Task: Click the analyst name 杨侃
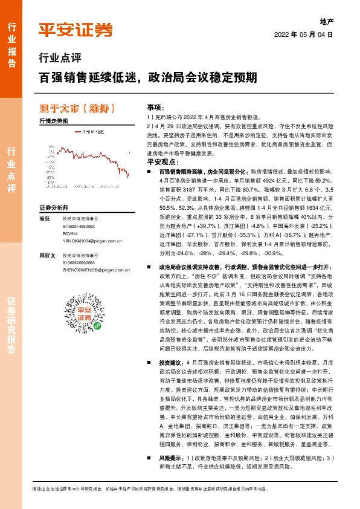(x=43, y=218)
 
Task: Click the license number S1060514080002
(x=80, y=225)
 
